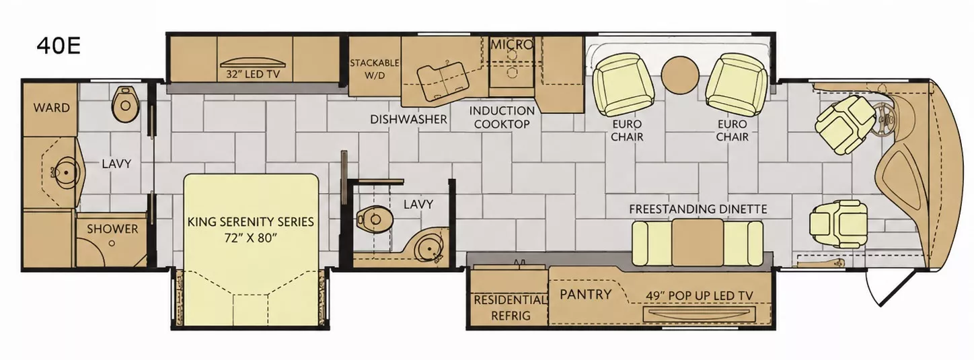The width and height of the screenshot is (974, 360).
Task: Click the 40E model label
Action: [x=59, y=46]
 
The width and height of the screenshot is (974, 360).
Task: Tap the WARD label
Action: [x=52, y=108]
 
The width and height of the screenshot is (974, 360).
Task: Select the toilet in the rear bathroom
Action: [x=126, y=104]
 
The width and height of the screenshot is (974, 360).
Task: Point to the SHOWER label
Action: [x=112, y=229]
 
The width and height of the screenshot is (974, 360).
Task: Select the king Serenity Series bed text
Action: [x=250, y=229]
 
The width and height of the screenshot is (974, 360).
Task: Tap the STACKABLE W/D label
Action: [x=375, y=69]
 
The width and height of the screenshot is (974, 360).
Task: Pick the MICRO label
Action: [x=512, y=44]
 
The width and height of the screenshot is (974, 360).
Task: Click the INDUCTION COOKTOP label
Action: [x=502, y=117]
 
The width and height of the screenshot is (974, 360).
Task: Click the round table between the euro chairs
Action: [x=679, y=75]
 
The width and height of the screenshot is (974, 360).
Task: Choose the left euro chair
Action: [x=624, y=85]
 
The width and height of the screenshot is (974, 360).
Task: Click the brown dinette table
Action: [x=698, y=242]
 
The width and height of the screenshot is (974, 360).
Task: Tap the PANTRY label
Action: [x=585, y=294]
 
